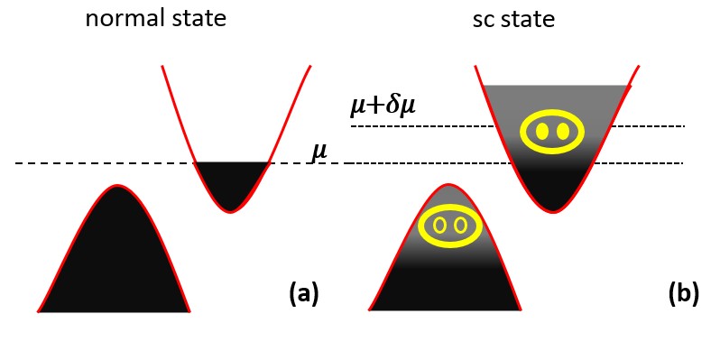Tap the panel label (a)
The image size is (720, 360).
click(x=303, y=292)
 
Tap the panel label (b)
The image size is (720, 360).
click(x=683, y=292)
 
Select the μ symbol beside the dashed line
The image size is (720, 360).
click(x=319, y=151)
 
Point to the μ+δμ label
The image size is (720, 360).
click(x=383, y=106)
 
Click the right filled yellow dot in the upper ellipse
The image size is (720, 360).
click(x=563, y=132)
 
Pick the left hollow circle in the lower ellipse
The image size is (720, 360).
click(x=441, y=225)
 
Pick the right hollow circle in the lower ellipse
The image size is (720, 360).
click(x=461, y=225)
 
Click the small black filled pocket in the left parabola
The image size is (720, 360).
click(x=231, y=183)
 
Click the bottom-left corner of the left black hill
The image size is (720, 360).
click(x=40, y=310)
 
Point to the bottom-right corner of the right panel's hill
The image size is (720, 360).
click(x=521, y=309)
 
